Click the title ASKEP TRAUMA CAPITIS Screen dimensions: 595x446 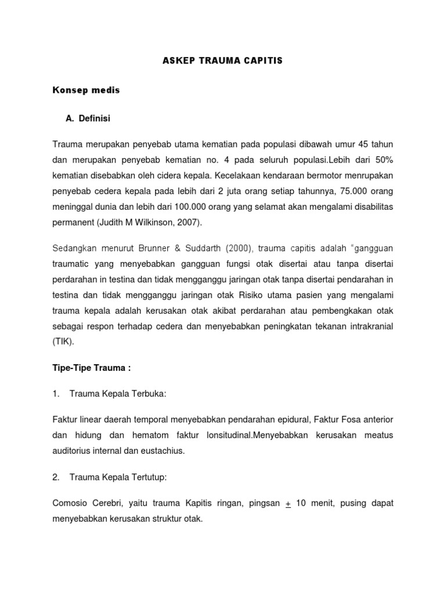223,60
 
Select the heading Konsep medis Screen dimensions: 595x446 87,90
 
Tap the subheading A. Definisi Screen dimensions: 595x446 88,119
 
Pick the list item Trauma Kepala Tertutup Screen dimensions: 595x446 118,477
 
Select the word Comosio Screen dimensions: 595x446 70,503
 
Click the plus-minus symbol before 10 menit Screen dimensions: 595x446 288,503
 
